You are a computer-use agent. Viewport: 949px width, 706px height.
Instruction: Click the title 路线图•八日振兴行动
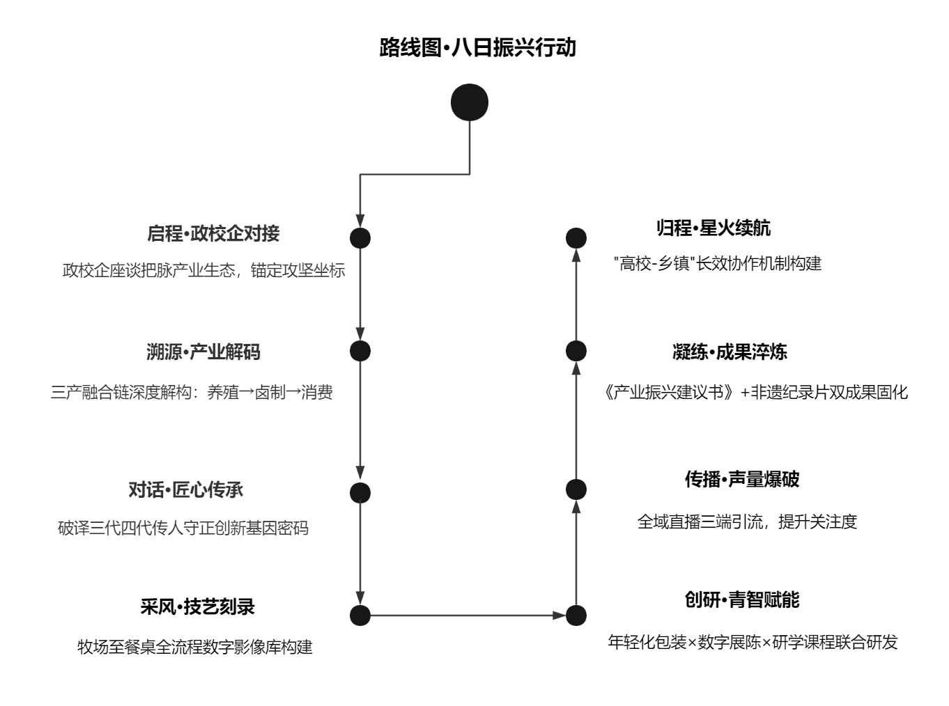477,48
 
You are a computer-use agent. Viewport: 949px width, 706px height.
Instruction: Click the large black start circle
470,102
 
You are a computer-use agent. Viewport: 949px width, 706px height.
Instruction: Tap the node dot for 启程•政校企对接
360,238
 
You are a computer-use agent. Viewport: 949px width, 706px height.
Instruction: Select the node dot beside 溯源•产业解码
360,351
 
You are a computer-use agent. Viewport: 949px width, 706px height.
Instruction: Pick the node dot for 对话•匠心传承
360,493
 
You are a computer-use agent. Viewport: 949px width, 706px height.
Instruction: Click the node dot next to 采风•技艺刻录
360,615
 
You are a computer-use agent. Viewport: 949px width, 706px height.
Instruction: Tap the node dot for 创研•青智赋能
576,615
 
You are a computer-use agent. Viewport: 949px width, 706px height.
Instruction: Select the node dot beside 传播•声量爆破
576,489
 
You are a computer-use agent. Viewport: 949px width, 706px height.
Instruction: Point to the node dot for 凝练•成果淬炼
576,351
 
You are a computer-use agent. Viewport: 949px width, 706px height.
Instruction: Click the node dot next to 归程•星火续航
576,238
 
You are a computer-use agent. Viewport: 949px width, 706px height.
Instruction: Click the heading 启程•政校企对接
213,233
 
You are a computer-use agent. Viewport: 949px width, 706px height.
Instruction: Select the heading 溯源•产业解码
203,352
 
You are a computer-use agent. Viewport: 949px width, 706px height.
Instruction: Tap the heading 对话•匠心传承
186,490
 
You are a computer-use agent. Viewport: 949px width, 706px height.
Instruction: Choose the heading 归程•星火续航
713,228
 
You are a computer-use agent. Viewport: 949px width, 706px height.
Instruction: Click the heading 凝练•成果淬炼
730,352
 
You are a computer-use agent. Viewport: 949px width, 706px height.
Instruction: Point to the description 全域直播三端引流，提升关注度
746,521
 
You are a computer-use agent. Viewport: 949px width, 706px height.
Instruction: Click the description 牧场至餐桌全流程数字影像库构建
195,647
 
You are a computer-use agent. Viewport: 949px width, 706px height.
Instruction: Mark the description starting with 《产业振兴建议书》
756,393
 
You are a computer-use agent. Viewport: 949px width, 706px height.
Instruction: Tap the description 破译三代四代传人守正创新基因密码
183,528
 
